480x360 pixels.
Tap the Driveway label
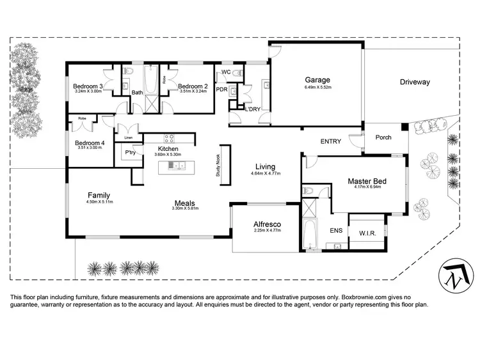[x=415, y=82]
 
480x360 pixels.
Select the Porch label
[x=383, y=137]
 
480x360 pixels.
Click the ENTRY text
[x=331, y=141]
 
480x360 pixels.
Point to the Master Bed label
[x=366, y=181]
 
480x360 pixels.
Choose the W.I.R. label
[x=367, y=233]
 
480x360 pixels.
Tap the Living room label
[x=266, y=167]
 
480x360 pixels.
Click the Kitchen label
[x=168, y=149]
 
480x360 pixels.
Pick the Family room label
[x=99, y=195]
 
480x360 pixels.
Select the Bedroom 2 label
[x=193, y=86]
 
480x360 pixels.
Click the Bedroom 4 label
[x=88, y=143]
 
